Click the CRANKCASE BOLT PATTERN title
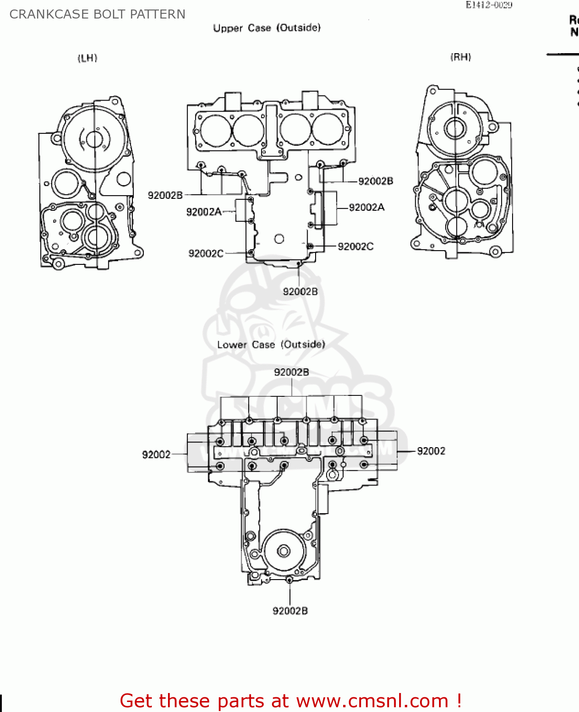tap(97, 14)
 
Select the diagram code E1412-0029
tap(488, 5)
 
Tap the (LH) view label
tap(87, 58)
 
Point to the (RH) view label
tap(460, 57)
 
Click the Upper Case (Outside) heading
tap(267, 28)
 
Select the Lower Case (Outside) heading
tap(271, 345)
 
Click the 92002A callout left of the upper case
tap(204, 212)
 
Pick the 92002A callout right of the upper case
tap(366, 207)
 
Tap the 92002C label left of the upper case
tap(205, 253)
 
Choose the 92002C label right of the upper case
tap(355, 246)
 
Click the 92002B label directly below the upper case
tap(300, 291)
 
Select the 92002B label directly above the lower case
tap(291, 372)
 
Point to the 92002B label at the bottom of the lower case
tap(290, 611)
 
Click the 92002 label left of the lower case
tap(156, 455)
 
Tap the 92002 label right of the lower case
tap(431, 451)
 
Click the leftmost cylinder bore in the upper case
tap(216, 130)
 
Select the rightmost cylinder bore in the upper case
tap(327, 129)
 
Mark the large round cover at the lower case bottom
tap(283, 551)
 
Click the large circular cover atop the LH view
tap(94, 139)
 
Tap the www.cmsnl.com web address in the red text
tap(372, 701)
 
